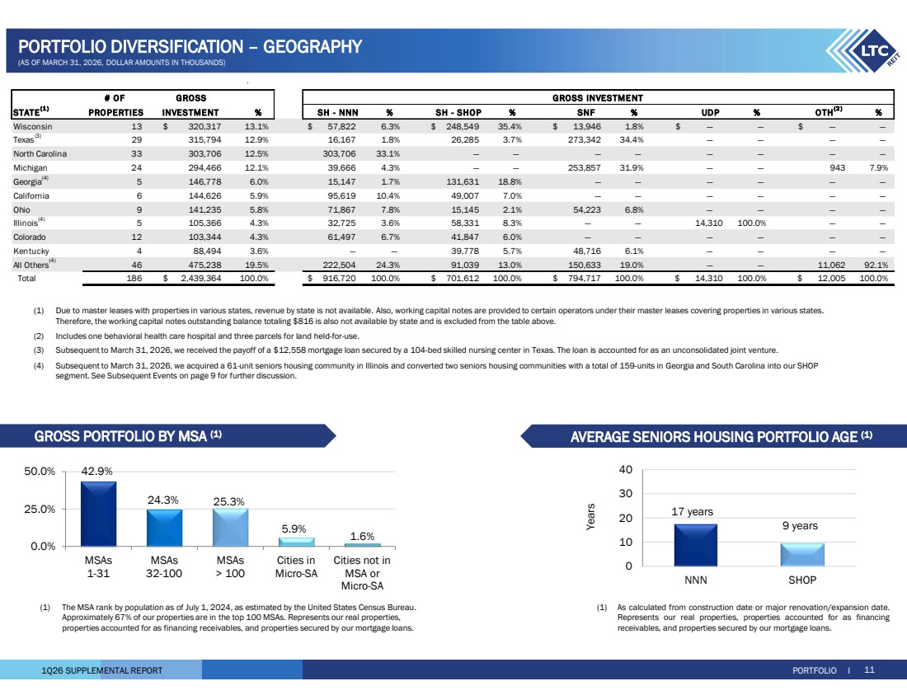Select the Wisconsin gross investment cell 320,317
(204, 127)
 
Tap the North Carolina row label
(40, 154)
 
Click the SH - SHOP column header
(458, 113)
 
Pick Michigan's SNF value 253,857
(585, 167)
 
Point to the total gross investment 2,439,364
(201, 278)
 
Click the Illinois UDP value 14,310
(708, 223)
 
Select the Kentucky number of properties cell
(139, 251)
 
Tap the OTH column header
(829, 111)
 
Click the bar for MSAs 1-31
(98, 514)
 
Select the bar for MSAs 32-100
(164, 528)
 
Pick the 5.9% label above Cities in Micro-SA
(294, 529)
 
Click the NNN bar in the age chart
(695, 545)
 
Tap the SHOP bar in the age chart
(802, 555)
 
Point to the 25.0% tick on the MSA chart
(40, 509)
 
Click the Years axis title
(590, 517)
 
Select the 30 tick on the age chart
(626, 494)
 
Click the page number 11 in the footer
(869, 670)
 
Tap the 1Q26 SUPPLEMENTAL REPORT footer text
(101, 670)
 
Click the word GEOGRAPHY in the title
(313, 46)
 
